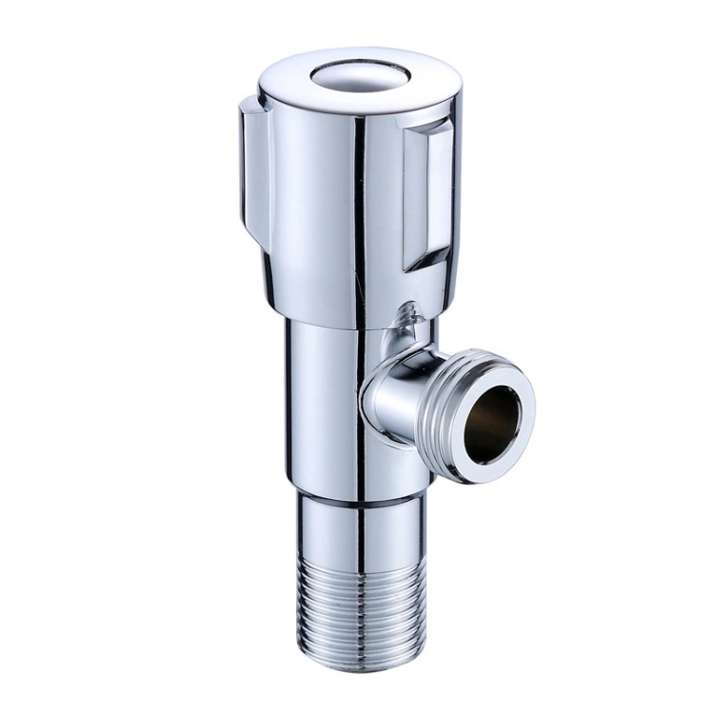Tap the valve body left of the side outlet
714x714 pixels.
tap(324, 400)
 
